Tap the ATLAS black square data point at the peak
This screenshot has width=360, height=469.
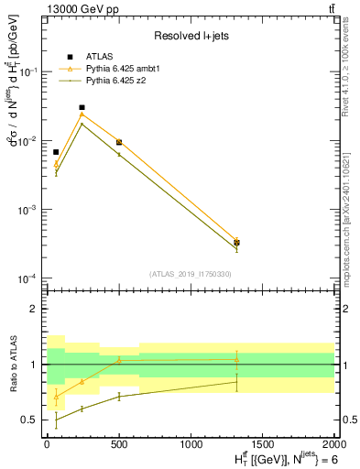(82, 107)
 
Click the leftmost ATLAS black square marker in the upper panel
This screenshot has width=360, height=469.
(56, 152)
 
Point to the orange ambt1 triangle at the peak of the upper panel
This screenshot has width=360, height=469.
(82, 115)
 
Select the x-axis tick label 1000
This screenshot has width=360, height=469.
(191, 444)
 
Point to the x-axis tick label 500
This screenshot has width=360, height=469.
(119, 444)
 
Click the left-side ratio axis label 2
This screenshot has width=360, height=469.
(33, 309)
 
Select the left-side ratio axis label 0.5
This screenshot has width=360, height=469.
(29, 420)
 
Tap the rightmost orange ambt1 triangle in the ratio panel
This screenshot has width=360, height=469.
(236, 359)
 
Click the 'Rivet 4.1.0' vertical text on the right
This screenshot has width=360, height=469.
(351, 92)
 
